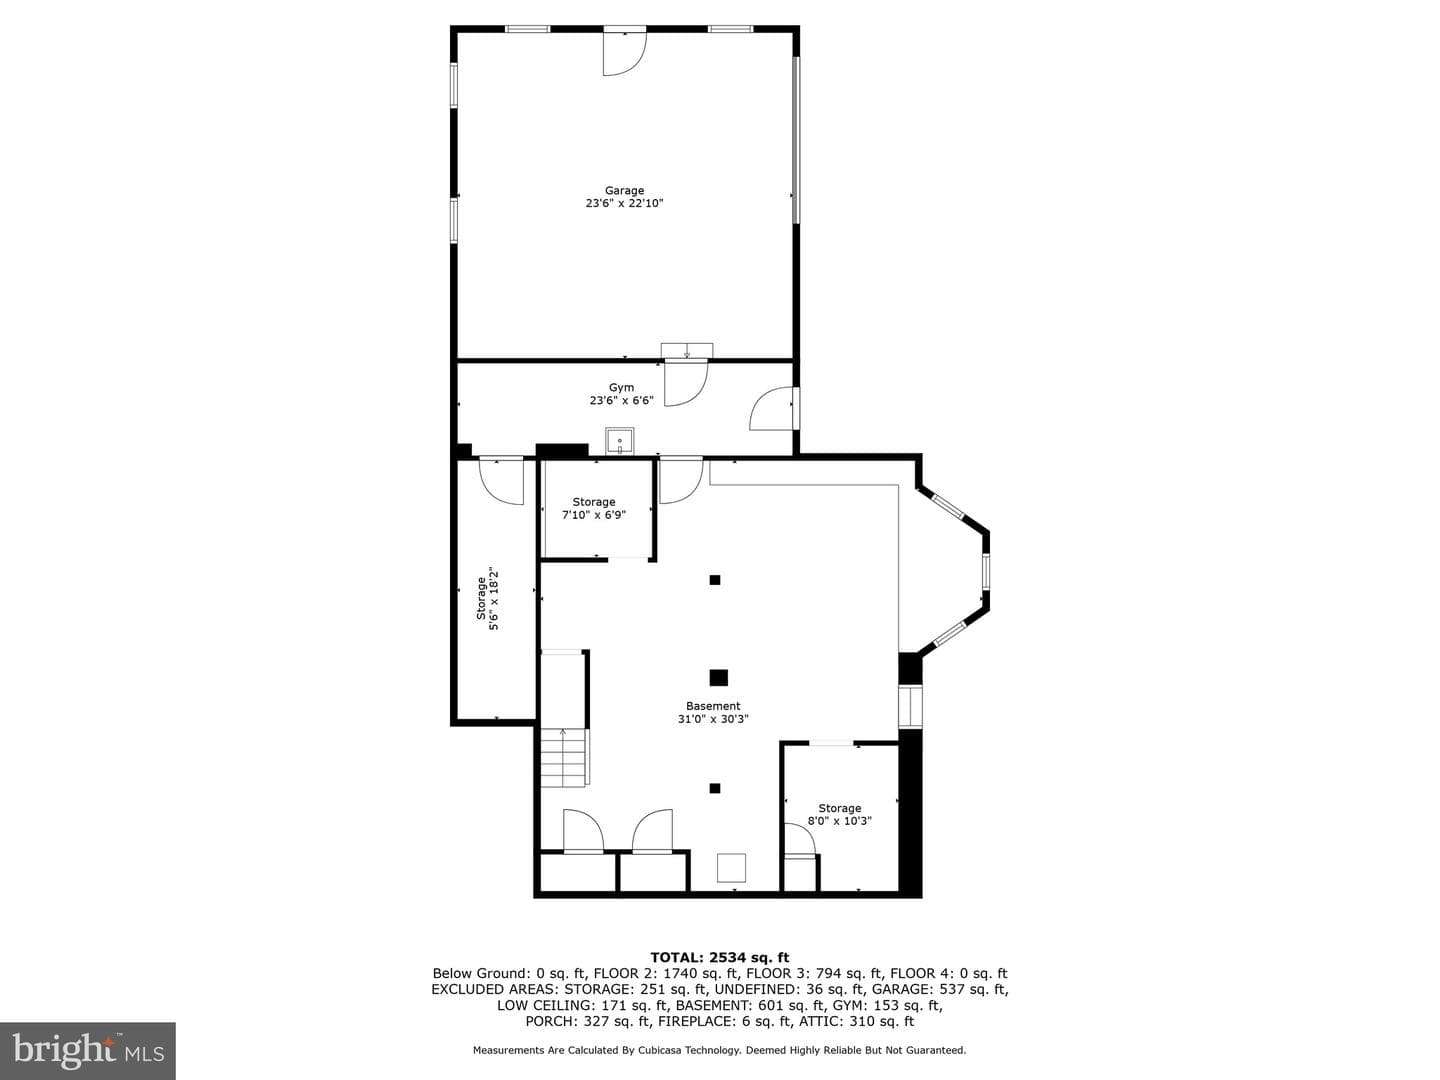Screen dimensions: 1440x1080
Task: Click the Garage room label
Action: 624,197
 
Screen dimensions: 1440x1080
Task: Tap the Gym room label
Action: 621,393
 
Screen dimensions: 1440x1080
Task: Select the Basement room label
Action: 713,712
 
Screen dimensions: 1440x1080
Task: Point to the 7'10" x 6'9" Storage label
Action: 594,508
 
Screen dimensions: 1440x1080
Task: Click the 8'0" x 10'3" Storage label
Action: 839,814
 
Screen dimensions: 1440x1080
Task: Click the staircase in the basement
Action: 564,757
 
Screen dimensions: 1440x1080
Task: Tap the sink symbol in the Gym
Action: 619,441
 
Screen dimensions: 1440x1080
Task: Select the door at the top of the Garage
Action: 625,52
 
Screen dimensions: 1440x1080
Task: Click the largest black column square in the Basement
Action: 718,677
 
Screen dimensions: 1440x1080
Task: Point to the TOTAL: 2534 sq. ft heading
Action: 720,957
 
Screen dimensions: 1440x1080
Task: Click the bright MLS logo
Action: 88,1050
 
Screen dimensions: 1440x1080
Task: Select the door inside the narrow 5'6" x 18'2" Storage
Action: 502,480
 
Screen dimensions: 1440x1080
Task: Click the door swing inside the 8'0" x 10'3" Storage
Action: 800,839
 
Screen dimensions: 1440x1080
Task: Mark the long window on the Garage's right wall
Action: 796,140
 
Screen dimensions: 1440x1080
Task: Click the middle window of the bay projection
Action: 985,570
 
